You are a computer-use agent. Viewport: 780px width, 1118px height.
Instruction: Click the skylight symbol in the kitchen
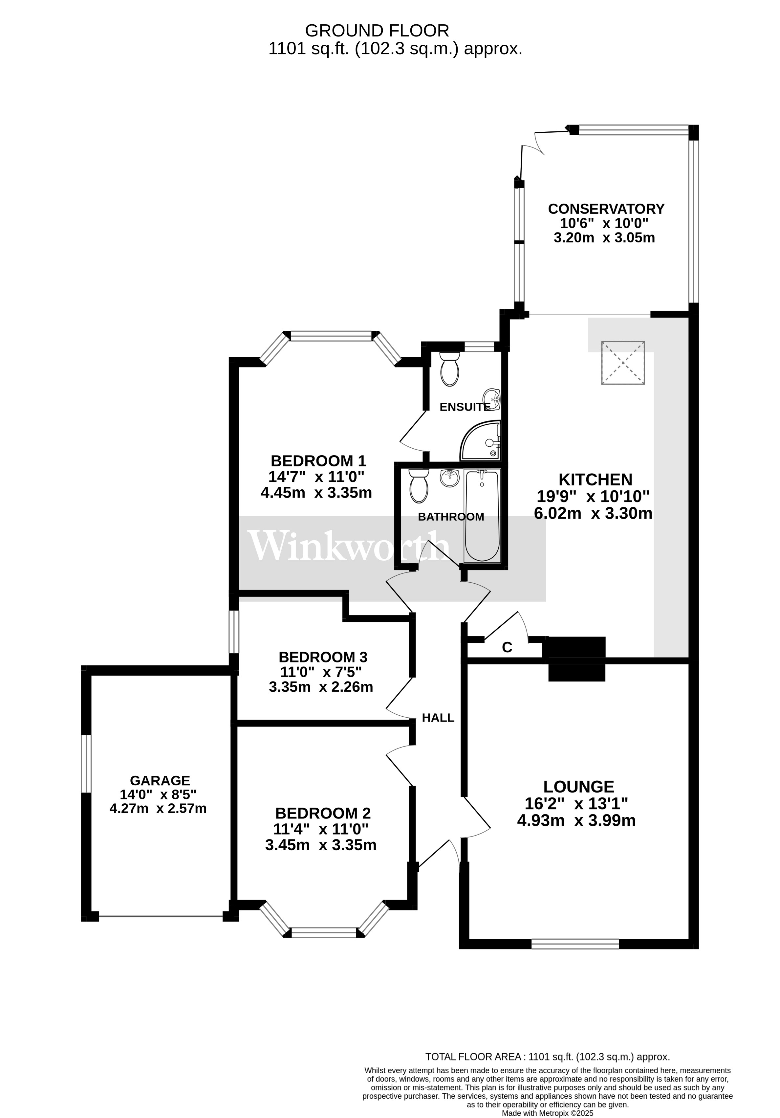[x=623, y=363]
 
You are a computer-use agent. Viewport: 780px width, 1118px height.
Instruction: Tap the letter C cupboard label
[x=507, y=647]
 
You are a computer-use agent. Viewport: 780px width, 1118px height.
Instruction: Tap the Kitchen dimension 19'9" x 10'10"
[x=593, y=497]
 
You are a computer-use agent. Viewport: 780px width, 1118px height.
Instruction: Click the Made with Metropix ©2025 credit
[x=547, y=1113]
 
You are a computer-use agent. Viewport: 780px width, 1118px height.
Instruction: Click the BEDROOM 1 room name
[x=318, y=461]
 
